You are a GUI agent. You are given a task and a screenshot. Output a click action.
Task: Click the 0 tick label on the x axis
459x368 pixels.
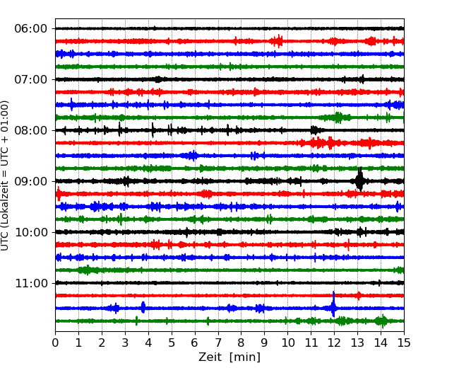(x=55, y=343)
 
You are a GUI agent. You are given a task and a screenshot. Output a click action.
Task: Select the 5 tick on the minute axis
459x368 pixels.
(x=172, y=343)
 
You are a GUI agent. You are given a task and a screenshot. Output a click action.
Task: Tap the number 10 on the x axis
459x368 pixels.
(x=288, y=343)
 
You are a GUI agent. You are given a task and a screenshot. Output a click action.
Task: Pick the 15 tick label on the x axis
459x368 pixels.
(x=404, y=343)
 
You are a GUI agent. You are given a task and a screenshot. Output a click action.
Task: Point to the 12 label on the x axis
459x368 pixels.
(x=334, y=343)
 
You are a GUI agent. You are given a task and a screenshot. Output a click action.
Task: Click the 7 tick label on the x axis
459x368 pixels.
(x=218, y=343)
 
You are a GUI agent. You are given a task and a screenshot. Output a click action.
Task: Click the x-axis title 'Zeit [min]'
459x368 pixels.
(x=229, y=357)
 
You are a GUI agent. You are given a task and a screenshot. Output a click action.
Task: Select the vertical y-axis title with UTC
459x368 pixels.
(x=6, y=176)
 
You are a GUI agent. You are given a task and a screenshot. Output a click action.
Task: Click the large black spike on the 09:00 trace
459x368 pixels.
(x=359, y=180)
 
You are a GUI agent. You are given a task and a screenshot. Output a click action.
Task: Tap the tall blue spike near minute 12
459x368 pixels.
(x=333, y=308)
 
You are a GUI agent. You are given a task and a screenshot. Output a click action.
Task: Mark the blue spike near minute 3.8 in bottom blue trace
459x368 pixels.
(x=143, y=307)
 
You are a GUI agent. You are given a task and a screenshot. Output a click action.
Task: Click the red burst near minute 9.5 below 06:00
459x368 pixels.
(x=279, y=41)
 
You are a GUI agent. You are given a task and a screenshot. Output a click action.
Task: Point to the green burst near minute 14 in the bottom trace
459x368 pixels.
(x=382, y=321)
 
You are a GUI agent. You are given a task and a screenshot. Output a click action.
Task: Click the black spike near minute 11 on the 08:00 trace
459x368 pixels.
(x=314, y=130)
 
